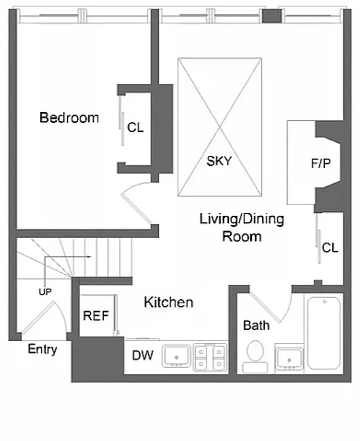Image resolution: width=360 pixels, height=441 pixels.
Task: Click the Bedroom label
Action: [x=69, y=117]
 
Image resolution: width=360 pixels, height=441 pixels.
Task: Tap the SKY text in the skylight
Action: [x=219, y=162]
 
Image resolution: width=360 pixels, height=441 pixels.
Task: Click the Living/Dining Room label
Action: [x=241, y=228]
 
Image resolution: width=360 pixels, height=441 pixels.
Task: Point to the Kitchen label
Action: [x=168, y=302]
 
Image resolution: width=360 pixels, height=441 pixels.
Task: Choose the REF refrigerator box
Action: [x=96, y=316]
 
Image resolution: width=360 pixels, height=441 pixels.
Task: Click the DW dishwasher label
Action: [x=142, y=356]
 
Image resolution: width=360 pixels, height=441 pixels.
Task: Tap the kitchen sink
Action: [x=176, y=356]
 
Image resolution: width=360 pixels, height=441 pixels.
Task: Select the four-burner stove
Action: [x=210, y=356]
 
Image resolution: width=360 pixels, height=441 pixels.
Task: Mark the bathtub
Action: [x=325, y=333]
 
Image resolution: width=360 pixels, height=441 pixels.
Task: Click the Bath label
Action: [x=256, y=325]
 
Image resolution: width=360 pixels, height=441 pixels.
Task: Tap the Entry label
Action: [x=42, y=349]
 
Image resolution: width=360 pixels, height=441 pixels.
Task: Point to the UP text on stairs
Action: [x=45, y=292]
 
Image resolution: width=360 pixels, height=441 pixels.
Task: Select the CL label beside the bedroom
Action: [x=135, y=128]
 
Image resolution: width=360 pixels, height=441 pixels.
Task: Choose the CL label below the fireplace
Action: [x=330, y=248]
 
